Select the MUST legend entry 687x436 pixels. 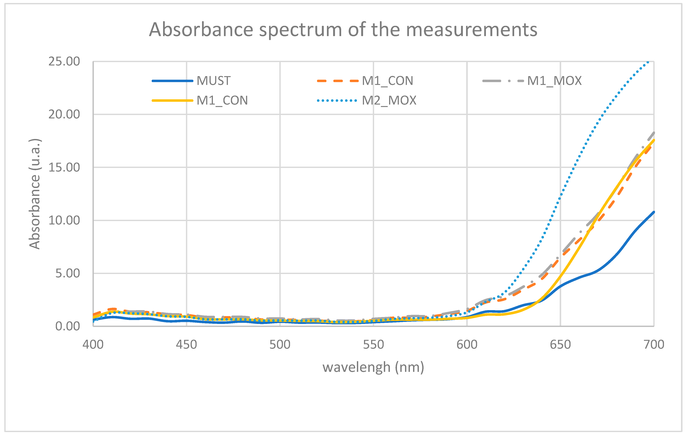point(213,81)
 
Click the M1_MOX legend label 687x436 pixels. point(554,81)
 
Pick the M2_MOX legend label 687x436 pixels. point(389,100)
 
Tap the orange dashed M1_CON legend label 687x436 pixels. point(387,81)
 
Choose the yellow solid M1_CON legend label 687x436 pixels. point(222,100)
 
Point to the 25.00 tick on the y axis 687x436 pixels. point(64,61)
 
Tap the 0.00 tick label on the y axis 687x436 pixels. point(67,326)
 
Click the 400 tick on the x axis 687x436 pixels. point(93,345)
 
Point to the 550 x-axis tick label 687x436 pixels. point(373,345)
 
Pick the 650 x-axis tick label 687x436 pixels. point(560,345)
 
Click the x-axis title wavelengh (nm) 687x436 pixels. point(373,367)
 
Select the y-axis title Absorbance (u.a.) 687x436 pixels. point(35,194)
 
